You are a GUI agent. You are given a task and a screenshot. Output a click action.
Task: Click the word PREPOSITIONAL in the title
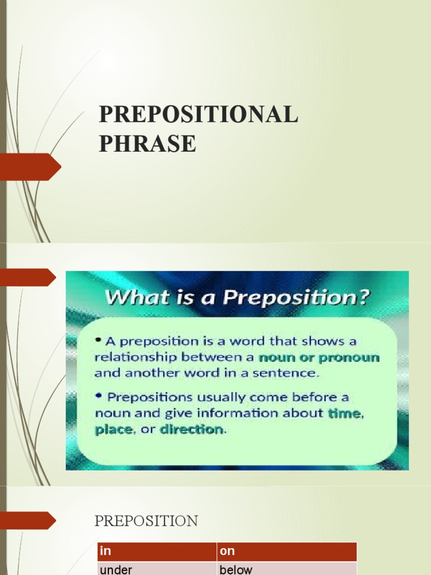tap(198, 115)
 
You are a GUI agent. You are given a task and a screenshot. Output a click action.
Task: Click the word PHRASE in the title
tap(148, 144)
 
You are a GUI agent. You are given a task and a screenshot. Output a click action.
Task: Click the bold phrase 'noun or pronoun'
tap(319, 357)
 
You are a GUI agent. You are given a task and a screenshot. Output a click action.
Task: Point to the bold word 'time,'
tap(347, 413)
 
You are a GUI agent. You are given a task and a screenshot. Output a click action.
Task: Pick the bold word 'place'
tap(114, 430)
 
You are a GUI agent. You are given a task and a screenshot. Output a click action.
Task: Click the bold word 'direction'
tap(191, 430)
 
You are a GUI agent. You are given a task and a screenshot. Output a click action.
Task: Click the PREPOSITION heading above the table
tap(146, 521)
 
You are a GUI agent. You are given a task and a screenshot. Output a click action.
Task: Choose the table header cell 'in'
tap(105, 551)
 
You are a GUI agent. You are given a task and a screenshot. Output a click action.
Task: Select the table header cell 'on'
tap(227, 551)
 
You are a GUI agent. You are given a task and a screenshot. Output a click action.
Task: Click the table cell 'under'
tap(116, 569)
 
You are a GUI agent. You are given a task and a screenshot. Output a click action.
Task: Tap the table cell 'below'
tap(236, 569)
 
